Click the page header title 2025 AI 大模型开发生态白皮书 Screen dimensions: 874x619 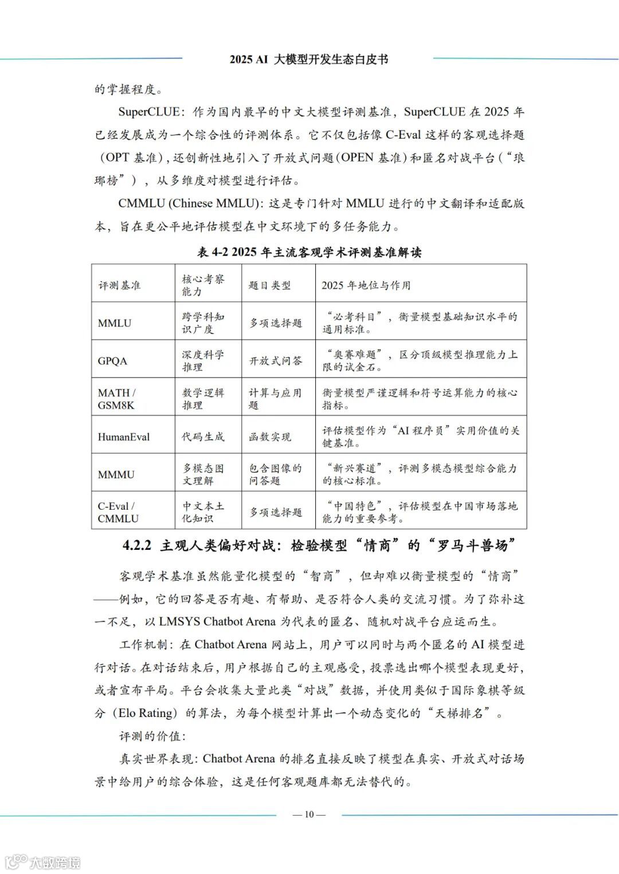point(309,60)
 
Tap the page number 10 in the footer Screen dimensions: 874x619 point(309,814)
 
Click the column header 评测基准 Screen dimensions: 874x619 point(119,285)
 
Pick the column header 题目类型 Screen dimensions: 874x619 point(269,285)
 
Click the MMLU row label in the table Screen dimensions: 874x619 point(115,323)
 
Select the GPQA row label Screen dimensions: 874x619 point(112,361)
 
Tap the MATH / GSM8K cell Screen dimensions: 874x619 point(116,399)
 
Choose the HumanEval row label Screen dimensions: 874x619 point(124,437)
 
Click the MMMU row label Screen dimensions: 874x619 point(116,475)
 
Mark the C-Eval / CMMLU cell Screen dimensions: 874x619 point(118,513)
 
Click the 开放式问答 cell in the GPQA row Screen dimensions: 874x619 point(275,361)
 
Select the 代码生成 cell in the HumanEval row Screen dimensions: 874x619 point(203,437)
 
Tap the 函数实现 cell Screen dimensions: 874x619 point(269,437)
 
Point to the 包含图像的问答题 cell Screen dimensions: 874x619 point(275,475)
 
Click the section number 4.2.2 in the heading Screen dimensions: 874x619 point(136,546)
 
